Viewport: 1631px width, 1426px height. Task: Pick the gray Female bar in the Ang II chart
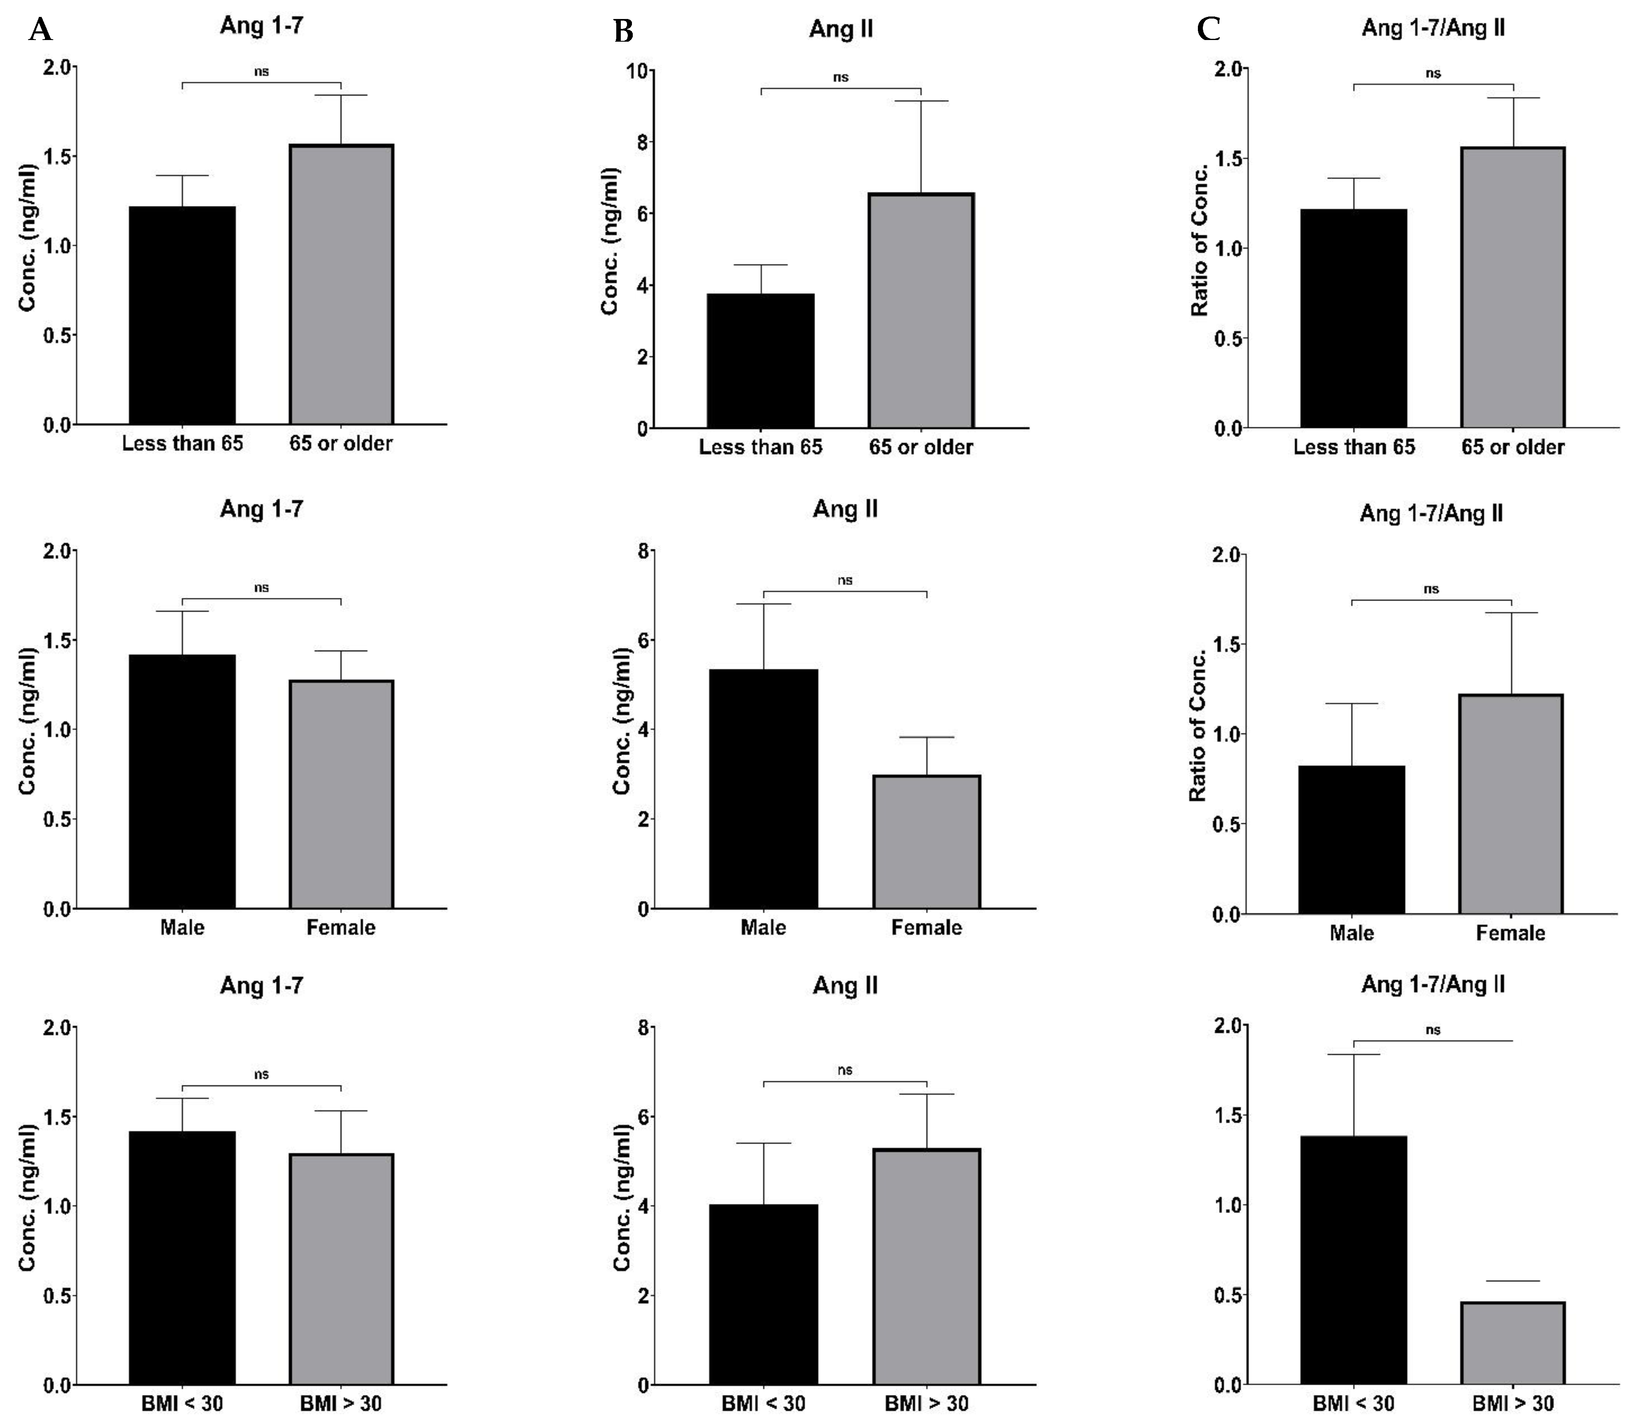point(926,842)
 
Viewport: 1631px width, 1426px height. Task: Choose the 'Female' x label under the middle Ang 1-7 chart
point(341,928)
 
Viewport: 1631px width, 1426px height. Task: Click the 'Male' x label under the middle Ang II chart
point(763,928)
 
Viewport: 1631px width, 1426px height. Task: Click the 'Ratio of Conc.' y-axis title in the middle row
point(1198,735)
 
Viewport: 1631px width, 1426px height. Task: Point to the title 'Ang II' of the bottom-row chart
point(845,986)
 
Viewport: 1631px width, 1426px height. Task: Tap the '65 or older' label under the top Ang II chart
point(921,447)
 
